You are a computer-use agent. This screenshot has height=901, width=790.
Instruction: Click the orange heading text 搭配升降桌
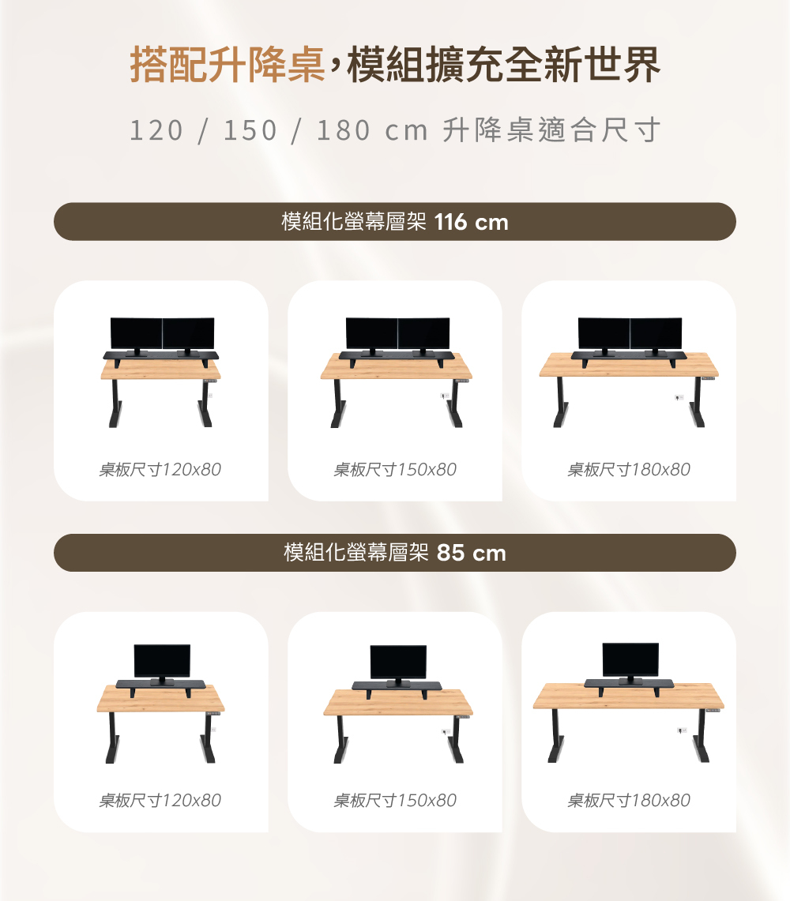click(228, 64)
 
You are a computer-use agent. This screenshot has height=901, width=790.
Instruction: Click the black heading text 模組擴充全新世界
click(504, 64)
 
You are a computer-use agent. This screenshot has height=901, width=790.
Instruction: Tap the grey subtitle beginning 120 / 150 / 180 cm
click(395, 130)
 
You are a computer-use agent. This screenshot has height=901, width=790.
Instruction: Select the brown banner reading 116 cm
click(395, 221)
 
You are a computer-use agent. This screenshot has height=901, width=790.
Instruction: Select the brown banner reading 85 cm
click(395, 553)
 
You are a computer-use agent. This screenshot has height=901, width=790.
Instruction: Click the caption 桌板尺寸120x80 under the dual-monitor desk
click(160, 470)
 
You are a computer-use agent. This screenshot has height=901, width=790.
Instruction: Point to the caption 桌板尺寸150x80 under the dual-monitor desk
click(395, 470)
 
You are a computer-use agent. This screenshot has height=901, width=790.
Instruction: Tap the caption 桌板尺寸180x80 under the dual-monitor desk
click(628, 470)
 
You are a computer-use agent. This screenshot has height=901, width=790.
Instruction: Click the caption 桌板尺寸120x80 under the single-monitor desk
click(160, 801)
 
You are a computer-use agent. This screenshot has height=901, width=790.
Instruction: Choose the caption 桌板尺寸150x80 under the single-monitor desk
click(395, 801)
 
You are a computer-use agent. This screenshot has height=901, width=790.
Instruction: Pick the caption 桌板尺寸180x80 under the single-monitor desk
click(628, 801)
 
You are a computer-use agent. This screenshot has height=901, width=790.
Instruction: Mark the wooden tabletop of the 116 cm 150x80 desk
click(396, 366)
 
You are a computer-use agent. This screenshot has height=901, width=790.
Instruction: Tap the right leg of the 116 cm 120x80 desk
click(205, 403)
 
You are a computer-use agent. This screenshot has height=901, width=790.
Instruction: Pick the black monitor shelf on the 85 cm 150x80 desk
click(397, 687)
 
